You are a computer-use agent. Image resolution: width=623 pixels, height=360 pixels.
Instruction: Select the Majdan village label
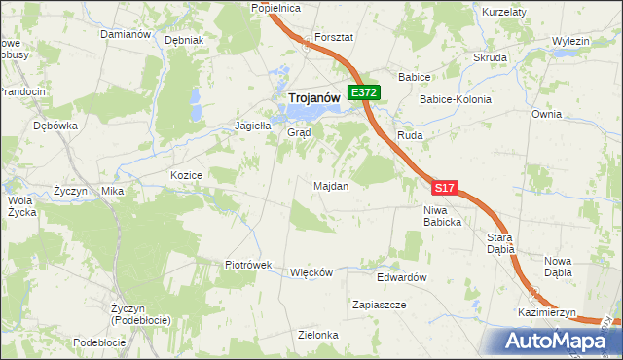331,185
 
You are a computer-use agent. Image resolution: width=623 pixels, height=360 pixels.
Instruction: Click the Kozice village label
185,175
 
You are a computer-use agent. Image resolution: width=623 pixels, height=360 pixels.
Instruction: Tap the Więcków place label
311,272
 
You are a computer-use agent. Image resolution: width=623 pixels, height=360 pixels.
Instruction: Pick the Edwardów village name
403,277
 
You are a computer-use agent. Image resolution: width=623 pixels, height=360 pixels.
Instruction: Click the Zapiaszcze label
379,305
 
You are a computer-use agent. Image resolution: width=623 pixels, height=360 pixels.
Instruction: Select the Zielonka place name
318,335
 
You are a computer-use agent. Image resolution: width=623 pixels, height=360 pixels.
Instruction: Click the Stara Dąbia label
500,243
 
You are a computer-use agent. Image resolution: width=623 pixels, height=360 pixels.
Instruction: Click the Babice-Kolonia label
456,99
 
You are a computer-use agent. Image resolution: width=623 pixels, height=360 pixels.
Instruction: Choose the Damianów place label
126,34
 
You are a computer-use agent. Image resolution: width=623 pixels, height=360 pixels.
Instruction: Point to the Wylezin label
571,41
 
